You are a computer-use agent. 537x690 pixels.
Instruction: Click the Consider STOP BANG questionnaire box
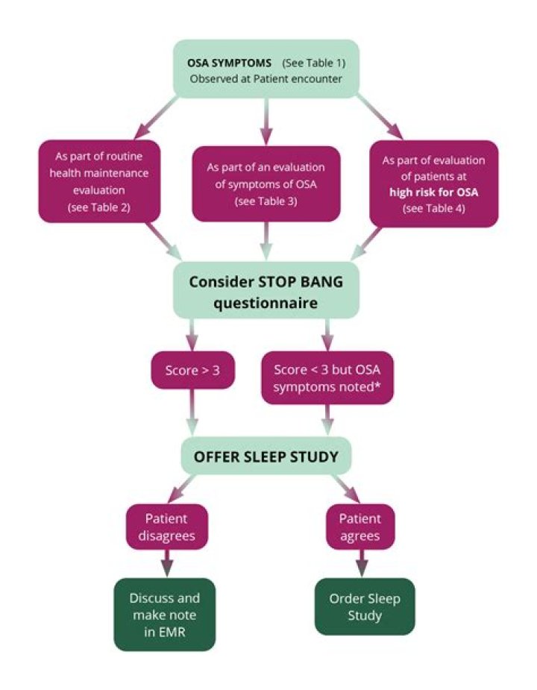click(267, 292)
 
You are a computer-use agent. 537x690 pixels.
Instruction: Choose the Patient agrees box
click(359, 527)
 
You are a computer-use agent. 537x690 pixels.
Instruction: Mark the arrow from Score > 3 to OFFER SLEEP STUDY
click(192, 413)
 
